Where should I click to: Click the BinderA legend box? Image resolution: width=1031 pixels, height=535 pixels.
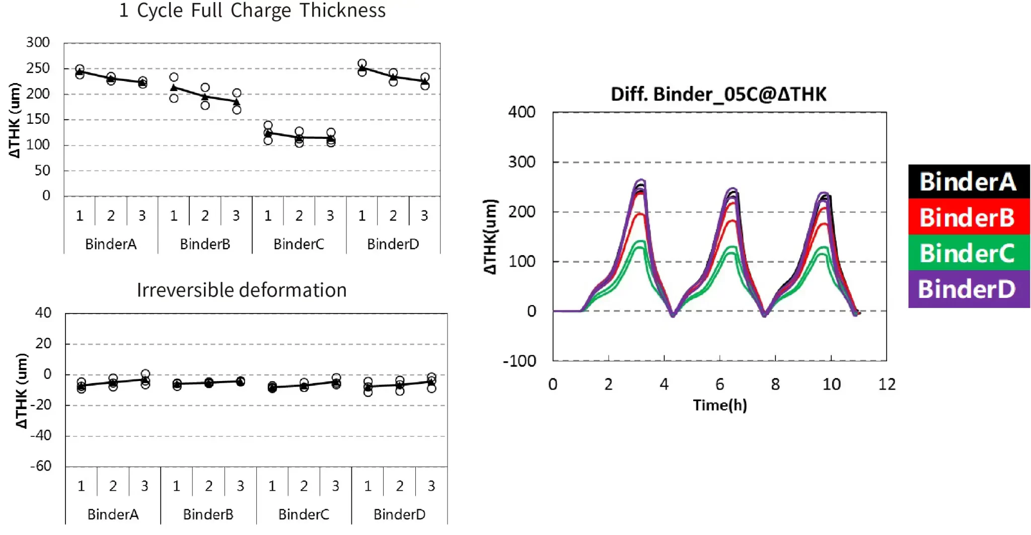coord(968,182)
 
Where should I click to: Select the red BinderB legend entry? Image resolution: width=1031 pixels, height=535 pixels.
coord(968,217)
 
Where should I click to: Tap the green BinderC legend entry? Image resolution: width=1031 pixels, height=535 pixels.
coord(968,253)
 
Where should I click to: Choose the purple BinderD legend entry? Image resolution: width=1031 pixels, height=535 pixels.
coord(968,289)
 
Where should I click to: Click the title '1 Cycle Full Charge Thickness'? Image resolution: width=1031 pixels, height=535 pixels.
coord(252,11)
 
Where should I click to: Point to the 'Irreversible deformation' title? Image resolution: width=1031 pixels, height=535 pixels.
coord(242,290)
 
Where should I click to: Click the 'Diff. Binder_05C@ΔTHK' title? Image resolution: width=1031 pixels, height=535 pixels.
coord(718,94)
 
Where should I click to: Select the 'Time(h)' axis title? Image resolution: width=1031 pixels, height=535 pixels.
coord(720,405)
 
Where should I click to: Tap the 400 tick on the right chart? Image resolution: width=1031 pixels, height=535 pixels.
coord(522,112)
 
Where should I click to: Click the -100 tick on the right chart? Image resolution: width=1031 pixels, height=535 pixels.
coord(520,361)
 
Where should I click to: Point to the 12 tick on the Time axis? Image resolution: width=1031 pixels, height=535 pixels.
coord(887,385)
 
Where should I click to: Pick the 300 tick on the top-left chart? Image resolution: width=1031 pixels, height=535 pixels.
coord(38,42)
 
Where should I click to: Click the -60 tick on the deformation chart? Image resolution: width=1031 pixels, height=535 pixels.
coord(41,466)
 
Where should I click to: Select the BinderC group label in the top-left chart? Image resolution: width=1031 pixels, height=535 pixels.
coord(299,244)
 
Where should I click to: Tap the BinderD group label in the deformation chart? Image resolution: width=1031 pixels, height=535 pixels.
coord(399,514)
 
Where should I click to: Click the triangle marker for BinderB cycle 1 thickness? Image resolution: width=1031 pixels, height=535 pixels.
coord(174,88)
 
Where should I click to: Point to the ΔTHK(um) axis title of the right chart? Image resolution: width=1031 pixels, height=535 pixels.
coord(491,237)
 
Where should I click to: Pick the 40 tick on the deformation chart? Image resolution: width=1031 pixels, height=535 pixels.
coord(43,313)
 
